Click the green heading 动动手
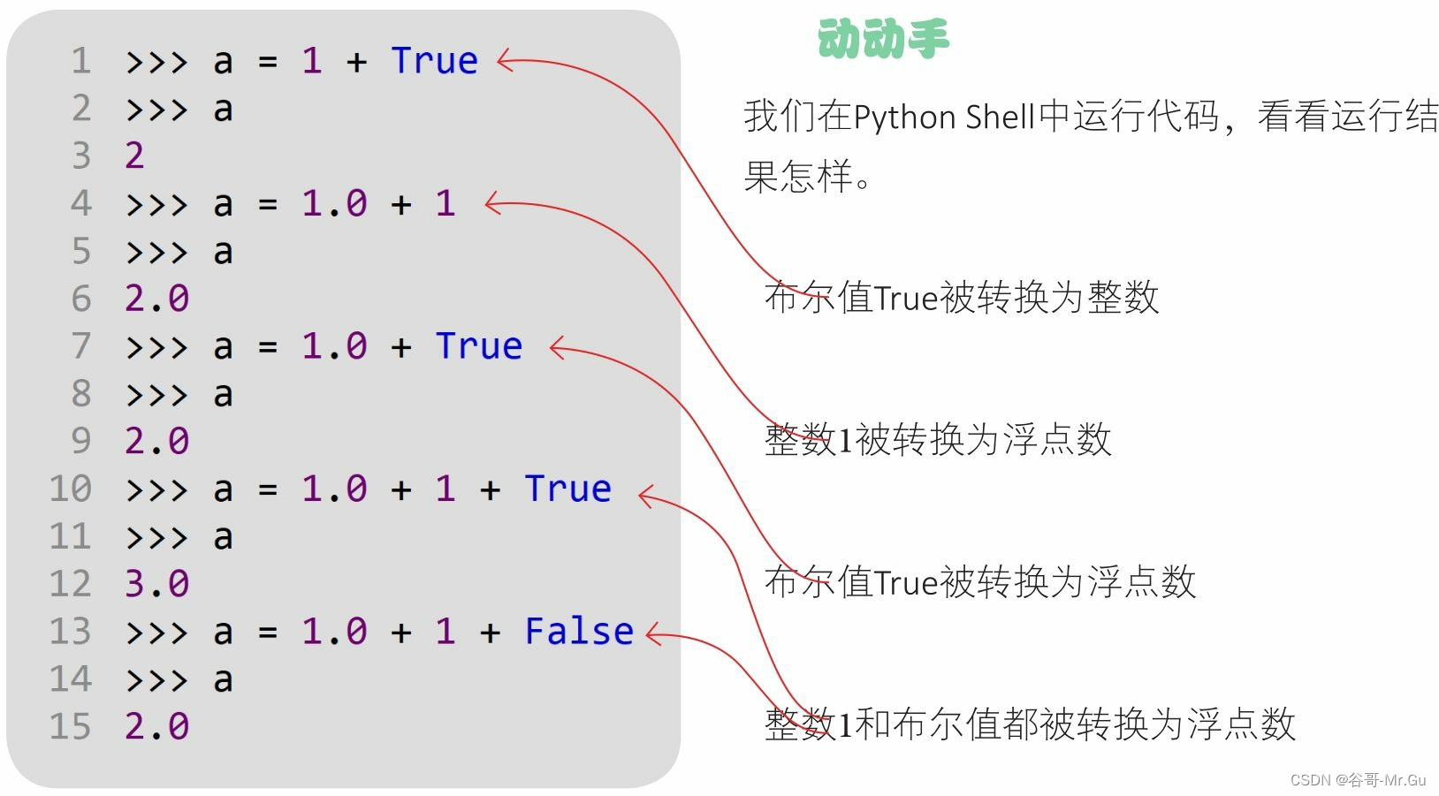tap(882, 40)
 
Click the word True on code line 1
tap(434, 61)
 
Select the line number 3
tap(81, 155)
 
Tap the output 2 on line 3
tap(134, 155)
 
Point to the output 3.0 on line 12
tap(156, 584)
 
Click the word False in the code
tap(579, 632)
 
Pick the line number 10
tap(71, 489)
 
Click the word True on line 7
tap(479, 346)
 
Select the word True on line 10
tap(567, 489)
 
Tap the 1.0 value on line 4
tap(334, 203)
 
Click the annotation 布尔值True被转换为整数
tap(962, 298)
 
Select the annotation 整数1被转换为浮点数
tap(938, 439)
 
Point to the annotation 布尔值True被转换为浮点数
tap(979, 581)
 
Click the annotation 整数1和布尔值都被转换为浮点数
tap(1030, 724)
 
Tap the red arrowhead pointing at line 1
tap(504, 61)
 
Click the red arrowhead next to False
tap(653, 633)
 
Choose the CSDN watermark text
tap(1358, 780)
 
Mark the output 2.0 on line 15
tap(156, 726)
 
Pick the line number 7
tap(81, 346)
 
